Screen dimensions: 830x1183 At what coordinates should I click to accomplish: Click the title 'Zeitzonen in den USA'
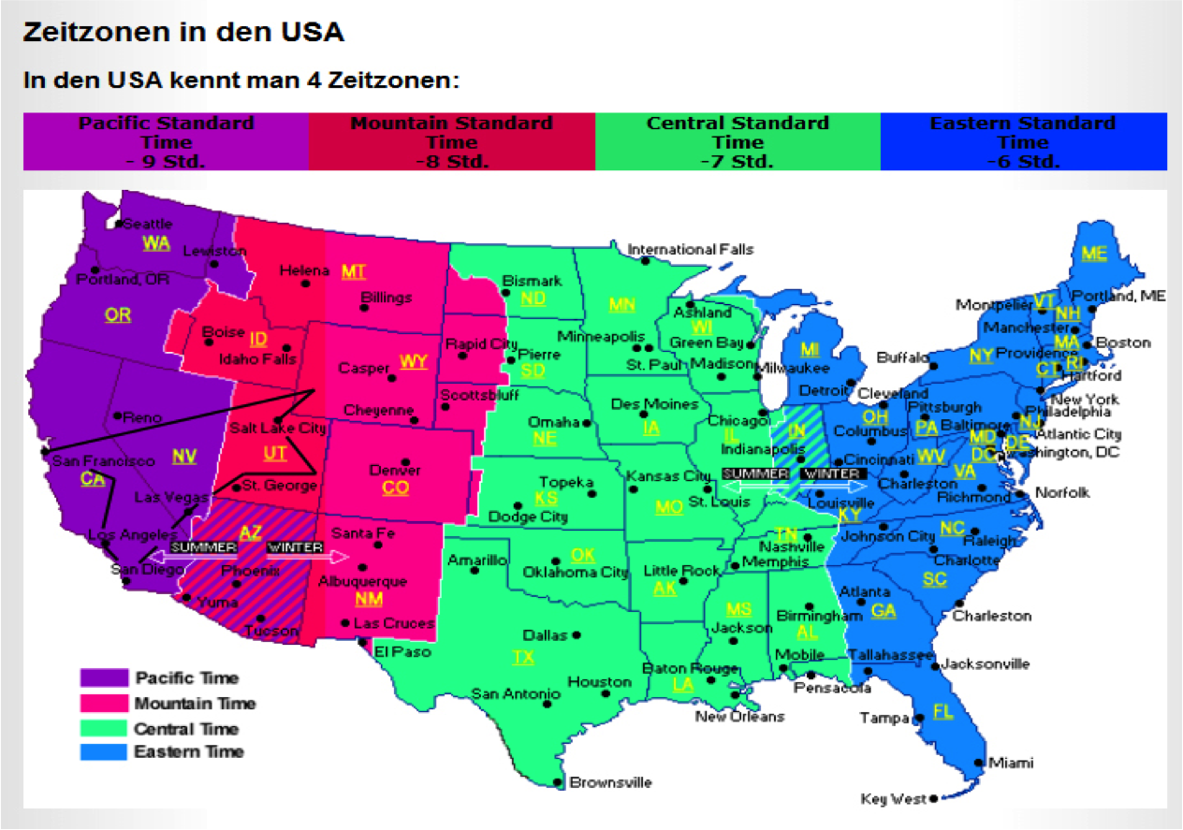coord(183,32)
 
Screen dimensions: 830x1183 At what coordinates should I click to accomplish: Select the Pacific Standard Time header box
coord(166,141)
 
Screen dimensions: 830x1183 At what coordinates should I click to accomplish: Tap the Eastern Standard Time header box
coord(1023,141)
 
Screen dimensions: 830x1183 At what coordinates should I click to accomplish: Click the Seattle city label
coord(148,224)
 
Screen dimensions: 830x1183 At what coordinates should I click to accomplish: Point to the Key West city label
coord(894,799)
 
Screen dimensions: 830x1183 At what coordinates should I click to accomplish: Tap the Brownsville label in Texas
coord(610,782)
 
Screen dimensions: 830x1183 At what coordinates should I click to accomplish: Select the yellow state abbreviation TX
coord(523,658)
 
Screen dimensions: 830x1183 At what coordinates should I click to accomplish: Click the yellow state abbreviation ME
coord(1093,253)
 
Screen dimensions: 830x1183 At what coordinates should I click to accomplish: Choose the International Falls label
coord(690,250)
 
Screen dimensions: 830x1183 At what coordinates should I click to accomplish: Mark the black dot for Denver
coord(404,461)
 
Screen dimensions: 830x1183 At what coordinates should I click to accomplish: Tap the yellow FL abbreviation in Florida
coord(942,711)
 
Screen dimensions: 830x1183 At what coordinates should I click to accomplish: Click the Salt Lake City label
coord(278,429)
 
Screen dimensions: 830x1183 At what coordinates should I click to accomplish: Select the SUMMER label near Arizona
coord(204,546)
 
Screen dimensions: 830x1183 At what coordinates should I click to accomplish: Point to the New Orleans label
coord(739,717)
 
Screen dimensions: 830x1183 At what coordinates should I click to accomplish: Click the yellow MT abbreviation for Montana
coord(354,271)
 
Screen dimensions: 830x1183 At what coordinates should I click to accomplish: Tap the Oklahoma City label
coord(575,572)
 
